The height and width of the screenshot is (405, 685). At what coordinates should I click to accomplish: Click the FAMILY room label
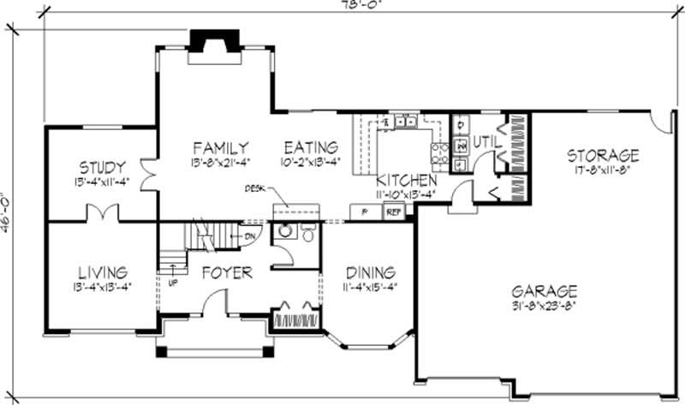point(220,146)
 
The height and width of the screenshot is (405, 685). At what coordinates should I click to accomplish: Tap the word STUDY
point(103,166)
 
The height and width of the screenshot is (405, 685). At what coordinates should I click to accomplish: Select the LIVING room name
point(101,272)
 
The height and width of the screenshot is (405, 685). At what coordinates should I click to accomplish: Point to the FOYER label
point(227,273)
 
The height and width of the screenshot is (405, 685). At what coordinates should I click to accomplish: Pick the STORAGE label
point(603,155)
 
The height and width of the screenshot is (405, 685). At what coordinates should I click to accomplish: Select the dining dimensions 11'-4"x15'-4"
point(370,287)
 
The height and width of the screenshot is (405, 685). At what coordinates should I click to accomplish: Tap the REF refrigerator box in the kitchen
point(392,211)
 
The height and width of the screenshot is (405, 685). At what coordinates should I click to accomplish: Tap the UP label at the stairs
point(172,282)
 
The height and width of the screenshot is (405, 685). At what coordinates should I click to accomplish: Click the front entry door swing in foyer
point(214,301)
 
